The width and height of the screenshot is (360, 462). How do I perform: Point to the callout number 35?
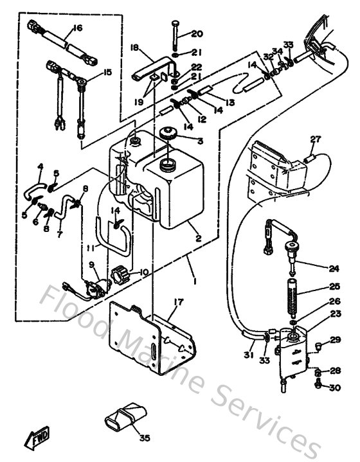pyautogui.click(x=144, y=438)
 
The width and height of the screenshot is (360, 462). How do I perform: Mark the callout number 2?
pyautogui.click(x=199, y=238)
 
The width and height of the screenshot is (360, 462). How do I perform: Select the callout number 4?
pyautogui.click(x=40, y=167)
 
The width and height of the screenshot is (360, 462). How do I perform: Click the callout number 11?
pyautogui.click(x=91, y=247)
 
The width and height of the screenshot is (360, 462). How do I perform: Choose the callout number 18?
pyautogui.click(x=135, y=48)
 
